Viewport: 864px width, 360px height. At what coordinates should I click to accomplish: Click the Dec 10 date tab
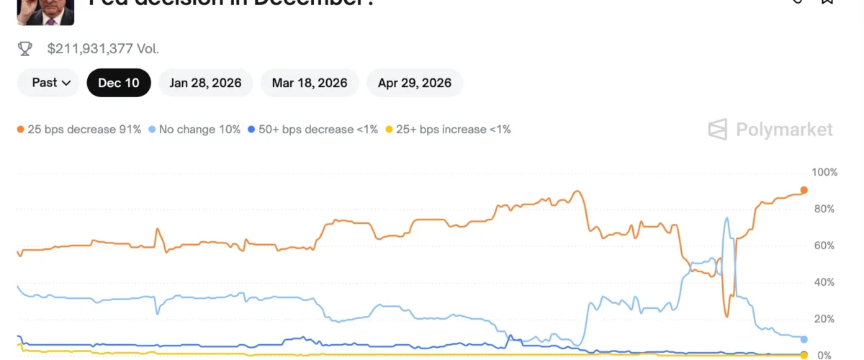(119, 83)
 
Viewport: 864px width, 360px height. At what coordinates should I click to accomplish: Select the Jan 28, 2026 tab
(205, 83)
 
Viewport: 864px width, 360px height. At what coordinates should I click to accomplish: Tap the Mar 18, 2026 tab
(310, 83)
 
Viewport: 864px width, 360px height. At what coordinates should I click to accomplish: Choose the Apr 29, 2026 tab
(414, 83)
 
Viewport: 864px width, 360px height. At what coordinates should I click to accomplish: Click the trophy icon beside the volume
(25, 49)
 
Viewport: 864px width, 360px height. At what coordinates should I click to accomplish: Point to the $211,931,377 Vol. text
(103, 49)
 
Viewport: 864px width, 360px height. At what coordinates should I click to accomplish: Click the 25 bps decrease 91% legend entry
(79, 130)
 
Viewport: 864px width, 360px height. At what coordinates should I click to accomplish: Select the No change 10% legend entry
(194, 130)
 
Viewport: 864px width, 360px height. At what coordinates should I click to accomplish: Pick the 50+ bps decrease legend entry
(312, 130)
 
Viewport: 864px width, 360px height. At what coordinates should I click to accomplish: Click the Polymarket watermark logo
(770, 130)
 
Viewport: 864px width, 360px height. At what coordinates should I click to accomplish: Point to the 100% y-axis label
(824, 173)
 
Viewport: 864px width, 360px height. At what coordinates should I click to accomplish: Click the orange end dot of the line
(804, 190)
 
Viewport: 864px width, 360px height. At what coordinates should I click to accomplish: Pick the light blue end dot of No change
(804, 339)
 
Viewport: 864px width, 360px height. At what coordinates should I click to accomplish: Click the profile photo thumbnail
(45, 12)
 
